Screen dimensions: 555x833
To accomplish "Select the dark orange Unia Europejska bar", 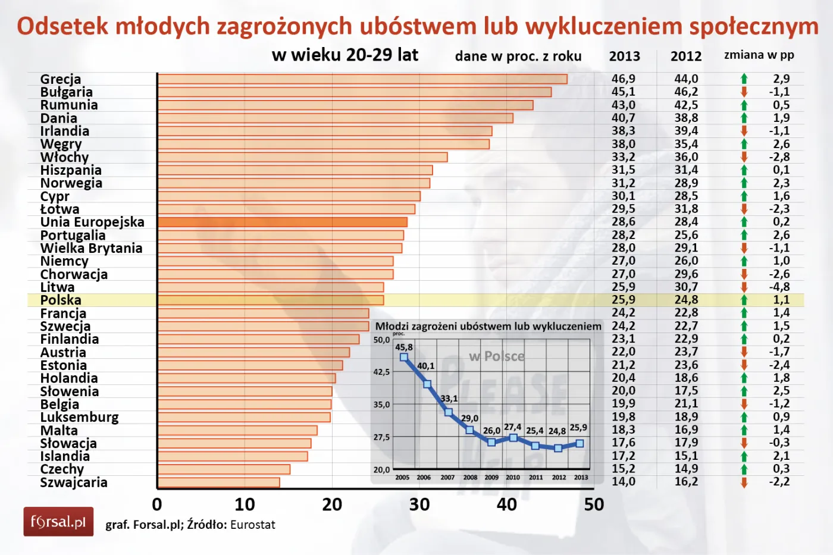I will (283, 222).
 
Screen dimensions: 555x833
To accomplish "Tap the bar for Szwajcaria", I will (218, 482).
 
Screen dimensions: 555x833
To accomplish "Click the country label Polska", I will (61, 300).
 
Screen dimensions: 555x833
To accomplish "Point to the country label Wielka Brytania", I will (91, 248).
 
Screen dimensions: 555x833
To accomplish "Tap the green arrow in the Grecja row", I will (744, 79).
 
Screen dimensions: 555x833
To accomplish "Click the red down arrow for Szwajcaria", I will (744, 482).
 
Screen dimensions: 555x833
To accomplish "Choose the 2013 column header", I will (624, 57).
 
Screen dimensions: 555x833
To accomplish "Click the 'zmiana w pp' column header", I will (759, 55).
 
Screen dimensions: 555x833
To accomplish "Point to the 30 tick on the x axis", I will (419, 505).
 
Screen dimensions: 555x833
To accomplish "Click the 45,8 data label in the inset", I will (404, 347).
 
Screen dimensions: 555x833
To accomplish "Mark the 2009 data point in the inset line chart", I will (491, 442).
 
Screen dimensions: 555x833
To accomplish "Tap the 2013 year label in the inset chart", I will (581, 477).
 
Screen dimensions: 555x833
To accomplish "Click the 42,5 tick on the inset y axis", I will (381, 372).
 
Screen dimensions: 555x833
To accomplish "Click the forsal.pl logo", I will (58, 522).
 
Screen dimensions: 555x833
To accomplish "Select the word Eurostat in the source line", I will (253, 525).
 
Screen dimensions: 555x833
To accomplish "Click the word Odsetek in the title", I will (62, 27).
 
